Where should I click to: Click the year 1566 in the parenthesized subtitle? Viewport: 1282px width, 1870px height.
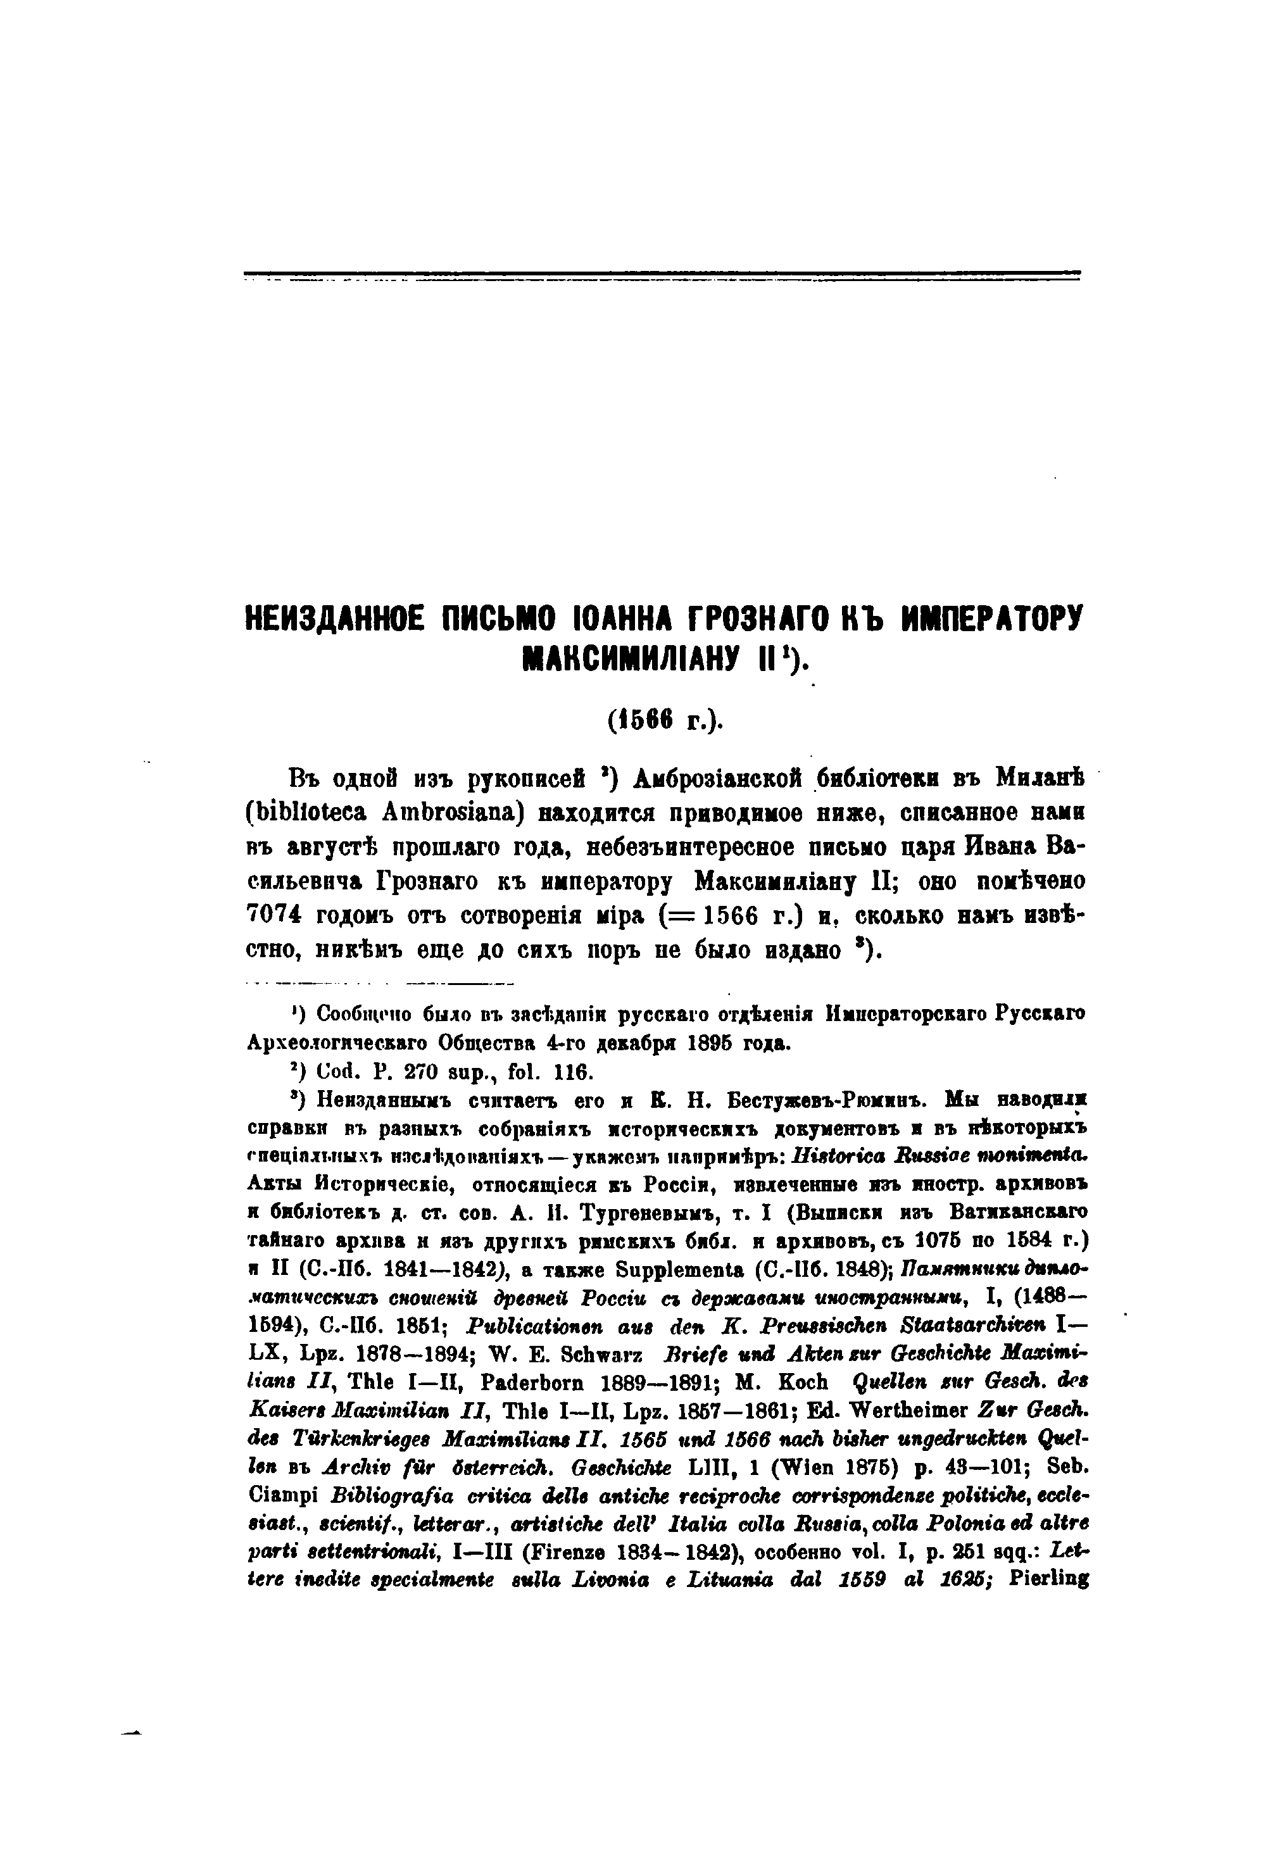(x=641, y=721)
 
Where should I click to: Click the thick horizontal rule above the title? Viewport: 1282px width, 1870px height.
(x=662, y=273)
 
